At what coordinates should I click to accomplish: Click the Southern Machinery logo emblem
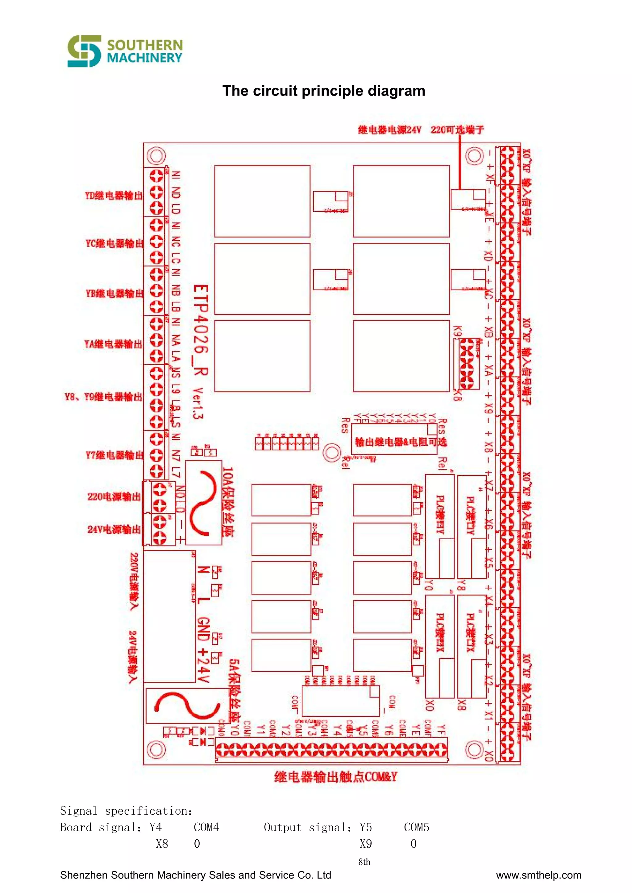pos(84,51)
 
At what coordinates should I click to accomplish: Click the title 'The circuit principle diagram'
pos(323,91)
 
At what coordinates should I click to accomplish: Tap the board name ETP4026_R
pos(201,330)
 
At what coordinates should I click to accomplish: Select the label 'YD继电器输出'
pos(114,195)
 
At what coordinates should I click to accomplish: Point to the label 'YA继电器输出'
pos(113,344)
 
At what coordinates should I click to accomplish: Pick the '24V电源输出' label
pos(114,529)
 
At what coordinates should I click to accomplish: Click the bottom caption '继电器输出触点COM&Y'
pos(335,777)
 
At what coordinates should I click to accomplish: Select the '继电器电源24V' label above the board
pos(389,130)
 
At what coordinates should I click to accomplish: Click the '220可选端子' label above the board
pos(457,130)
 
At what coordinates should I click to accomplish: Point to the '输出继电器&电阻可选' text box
pos(401,442)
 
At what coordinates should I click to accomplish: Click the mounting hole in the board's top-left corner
pos(156,156)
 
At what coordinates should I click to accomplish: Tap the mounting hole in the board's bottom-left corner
pos(156,749)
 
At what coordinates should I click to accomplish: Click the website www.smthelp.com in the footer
pos(538,875)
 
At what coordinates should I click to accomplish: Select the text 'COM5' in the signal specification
pos(416,827)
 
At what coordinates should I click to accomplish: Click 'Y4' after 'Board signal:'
pos(155,827)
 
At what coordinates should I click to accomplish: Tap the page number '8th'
pos(364,862)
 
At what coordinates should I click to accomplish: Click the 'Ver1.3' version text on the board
pos(198,403)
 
